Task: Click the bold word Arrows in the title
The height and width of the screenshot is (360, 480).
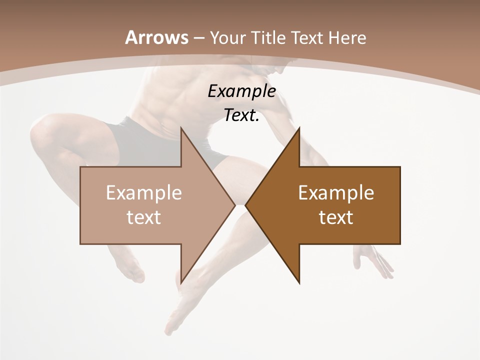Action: tap(156, 37)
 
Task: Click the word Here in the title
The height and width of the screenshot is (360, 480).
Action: tap(347, 37)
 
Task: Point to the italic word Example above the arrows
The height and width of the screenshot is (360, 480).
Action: tap(242, 91)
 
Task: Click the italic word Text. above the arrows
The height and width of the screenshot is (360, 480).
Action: tap(242, 115)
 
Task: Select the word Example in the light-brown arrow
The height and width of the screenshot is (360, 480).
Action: tap(144, 193)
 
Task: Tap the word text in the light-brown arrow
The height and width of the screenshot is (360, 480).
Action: tap(144, 217)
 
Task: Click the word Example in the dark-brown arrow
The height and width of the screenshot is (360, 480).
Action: tap(336, 193)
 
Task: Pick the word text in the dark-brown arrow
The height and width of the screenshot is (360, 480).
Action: tap(336, 217)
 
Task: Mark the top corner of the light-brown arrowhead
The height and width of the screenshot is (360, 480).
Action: tap(181, 128)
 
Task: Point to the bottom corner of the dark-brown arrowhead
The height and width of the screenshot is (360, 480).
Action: tap(299, 283)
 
